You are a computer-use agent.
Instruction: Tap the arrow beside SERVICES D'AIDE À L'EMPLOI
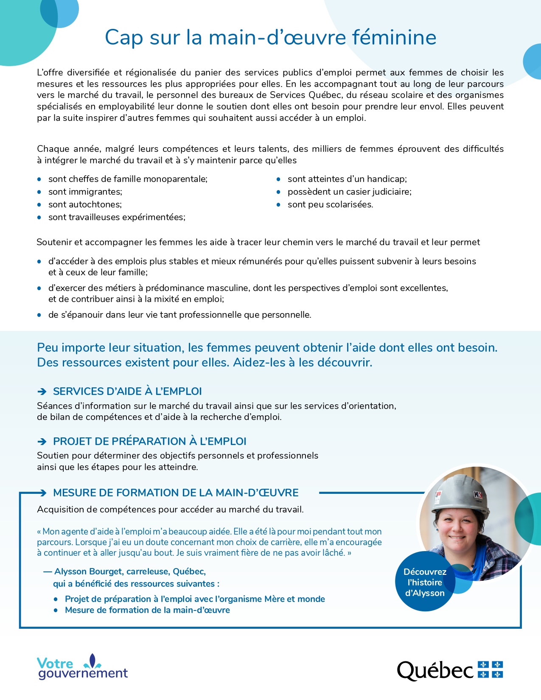point(42,392)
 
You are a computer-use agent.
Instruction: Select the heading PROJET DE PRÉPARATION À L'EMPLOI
point(149,441)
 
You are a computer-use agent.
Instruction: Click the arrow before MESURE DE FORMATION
point(42,493)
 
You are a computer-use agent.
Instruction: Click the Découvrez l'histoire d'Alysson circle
point(425,582)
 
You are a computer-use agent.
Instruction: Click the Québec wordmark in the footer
point(435,671)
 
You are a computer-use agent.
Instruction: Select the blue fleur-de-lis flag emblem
point(490,669)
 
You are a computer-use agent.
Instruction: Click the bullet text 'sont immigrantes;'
point(85,192)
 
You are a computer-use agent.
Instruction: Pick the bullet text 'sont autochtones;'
point(85,204)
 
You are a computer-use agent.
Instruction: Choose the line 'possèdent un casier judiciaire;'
point(349,192)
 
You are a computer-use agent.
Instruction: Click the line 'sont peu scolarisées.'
point(330,204)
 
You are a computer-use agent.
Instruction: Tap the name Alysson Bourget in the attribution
point(88,571)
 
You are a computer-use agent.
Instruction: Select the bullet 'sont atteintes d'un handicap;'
point(347,179)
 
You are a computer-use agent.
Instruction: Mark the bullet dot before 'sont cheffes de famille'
point(39,179)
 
